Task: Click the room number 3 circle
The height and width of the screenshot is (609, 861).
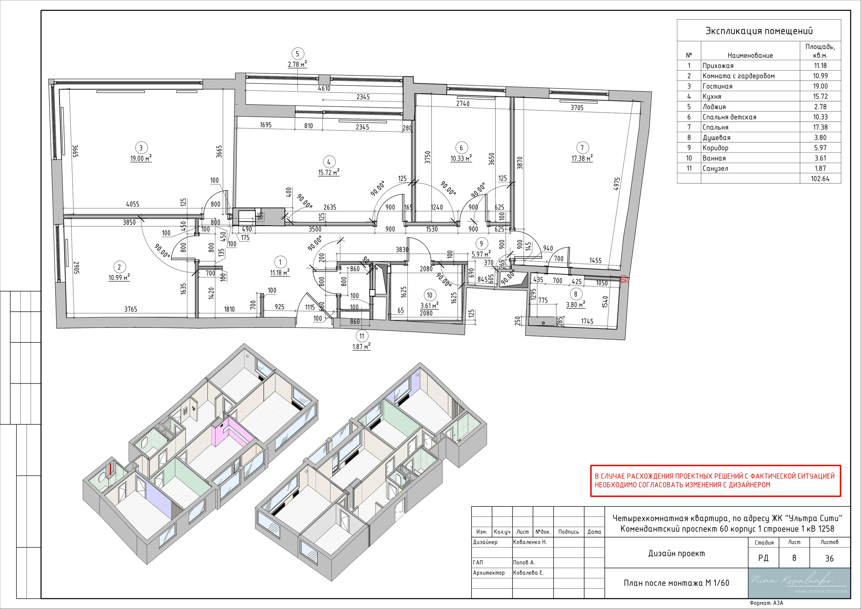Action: tap(141, 147)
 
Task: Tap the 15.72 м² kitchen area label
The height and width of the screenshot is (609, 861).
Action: tap(329, 172)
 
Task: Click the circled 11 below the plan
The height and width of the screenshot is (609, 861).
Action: tap(362, 336)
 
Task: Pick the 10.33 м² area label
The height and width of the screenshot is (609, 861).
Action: tap(461, 158)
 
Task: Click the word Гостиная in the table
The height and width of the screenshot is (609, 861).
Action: tap(717, 86)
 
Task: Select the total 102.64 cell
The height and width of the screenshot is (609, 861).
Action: tap(820, 179)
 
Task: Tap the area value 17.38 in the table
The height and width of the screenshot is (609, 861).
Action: tap(820, 127)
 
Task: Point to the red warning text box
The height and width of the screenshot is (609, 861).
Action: tap(715, 481)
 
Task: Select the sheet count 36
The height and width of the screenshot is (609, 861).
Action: tap(829, 558)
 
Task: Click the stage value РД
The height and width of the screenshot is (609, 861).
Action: tap(763, 558)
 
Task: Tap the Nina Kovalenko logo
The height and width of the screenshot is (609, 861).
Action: tap(799, 583)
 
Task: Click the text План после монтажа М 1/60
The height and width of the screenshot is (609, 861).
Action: tap(676, 583)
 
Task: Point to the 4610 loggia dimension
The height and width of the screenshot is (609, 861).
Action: tap(324, 88)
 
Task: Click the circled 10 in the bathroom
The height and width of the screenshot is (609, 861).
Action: tap(429, 295)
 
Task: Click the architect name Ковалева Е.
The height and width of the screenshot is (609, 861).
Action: tap(528, 573)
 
